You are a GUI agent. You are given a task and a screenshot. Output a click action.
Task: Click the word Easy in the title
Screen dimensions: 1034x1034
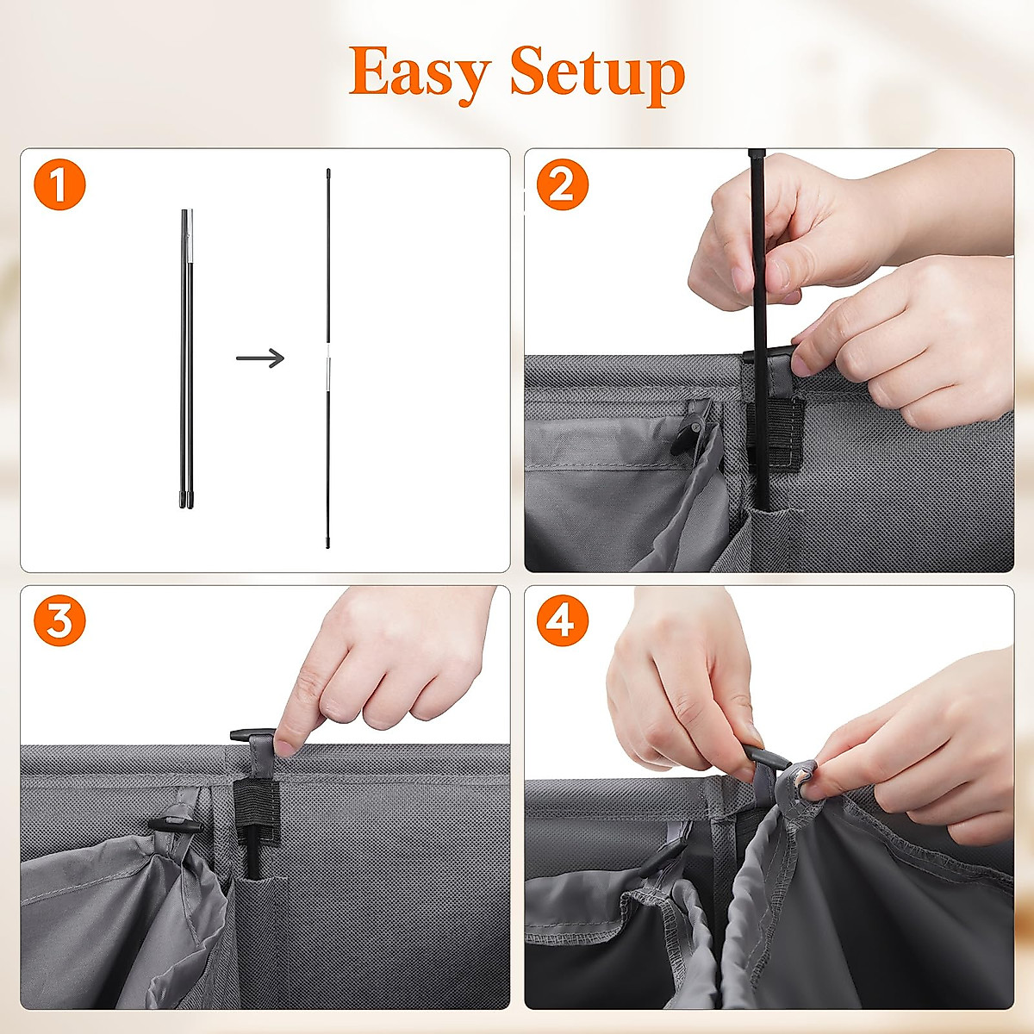tap(420, 73)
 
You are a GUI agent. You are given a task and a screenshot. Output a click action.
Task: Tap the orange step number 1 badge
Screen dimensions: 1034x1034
tap(59, 185)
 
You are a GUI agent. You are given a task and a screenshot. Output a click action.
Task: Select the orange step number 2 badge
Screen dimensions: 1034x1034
tap(562, 185)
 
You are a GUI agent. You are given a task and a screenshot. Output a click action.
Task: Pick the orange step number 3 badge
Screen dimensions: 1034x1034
tap(59, 621)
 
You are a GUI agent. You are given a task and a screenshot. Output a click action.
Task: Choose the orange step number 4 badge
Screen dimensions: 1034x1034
tap(562, 621)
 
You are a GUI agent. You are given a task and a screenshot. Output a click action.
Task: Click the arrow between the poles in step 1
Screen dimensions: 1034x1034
tap(260, 358)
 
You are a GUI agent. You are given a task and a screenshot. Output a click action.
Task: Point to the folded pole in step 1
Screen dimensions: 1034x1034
tap(187, 358)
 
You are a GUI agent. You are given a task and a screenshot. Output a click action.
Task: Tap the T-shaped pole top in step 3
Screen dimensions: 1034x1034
tap(251, 735)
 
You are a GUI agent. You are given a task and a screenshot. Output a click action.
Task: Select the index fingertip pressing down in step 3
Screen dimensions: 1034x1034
tap(287, 742)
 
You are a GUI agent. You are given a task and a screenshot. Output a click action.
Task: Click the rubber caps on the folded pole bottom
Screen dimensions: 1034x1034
tap(187, 499)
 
